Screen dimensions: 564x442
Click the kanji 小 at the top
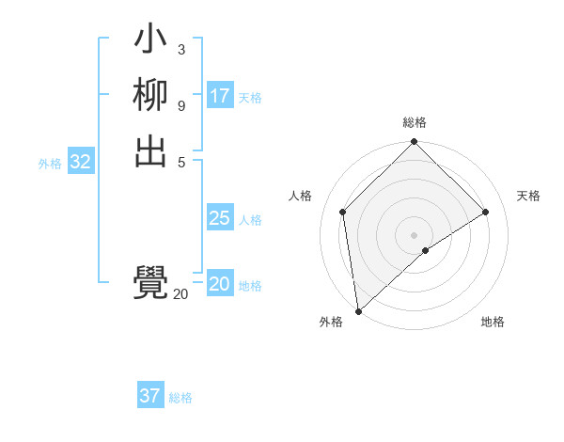pos(150,41)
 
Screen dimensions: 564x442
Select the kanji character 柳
pos(150,97)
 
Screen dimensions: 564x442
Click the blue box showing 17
pos(220,96)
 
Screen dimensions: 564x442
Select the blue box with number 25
pos(220,218)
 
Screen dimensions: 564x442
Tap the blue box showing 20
pos(220,284)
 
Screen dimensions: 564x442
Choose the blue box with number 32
pos(81,162)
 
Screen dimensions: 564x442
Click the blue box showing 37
pos(150,396)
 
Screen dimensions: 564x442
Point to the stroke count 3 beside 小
pos(181,49)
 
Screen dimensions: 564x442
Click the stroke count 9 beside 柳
pos(181,104)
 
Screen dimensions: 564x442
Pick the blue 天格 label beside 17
pos(250,98)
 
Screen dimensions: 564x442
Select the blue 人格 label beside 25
pos(250,220)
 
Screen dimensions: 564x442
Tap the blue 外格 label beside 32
pos(50,164)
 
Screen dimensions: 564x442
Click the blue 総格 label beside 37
pos(180,398)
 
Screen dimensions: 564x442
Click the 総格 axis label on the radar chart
pos(414,122)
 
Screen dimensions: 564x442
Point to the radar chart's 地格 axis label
pos(493,322)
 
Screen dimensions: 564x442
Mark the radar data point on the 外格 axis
pos(357,311)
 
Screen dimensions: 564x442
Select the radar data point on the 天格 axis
pos(486,212)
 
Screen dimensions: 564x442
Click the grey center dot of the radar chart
pos(414,234)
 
